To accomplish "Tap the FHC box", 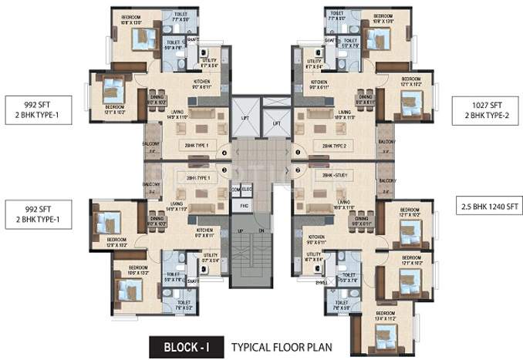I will tap(241, 206).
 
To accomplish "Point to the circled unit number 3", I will tap(224, 170).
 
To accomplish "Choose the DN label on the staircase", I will tap(261, 230).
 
